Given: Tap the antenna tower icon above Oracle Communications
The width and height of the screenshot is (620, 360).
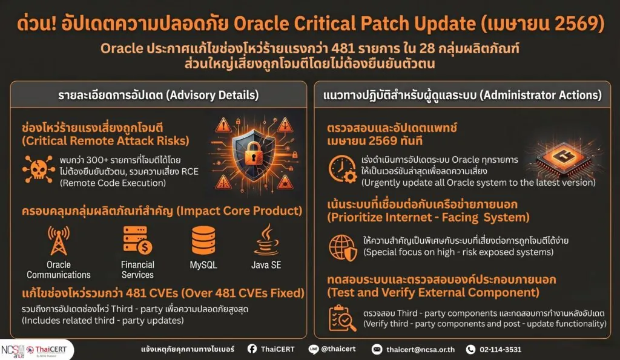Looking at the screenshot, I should point(59,240).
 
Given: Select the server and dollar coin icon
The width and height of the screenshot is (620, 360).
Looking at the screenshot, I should point(137,240).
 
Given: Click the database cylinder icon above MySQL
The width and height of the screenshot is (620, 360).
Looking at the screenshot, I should point(203,240).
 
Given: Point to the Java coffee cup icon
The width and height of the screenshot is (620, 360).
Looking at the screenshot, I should point(266,240).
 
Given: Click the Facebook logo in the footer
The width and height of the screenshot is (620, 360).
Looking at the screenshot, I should point(252,349).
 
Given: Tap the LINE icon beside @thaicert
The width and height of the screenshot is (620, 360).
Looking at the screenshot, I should point(314,349).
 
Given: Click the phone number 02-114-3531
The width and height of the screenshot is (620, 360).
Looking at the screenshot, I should point(500,349).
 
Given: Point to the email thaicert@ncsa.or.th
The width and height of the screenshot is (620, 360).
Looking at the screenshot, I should point(421,349).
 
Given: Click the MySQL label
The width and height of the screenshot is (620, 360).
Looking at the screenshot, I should point(203,265).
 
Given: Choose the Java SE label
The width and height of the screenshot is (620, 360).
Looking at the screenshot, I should point(266,265).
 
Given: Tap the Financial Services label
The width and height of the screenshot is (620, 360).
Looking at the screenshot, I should point(137,270).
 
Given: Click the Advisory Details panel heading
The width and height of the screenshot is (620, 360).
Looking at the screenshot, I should point(159,95).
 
